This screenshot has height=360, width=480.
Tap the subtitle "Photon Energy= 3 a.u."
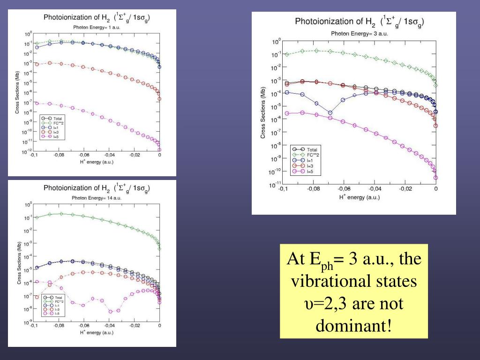[x=353, y=33]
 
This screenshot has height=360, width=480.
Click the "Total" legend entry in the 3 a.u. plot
[x=312, y=150]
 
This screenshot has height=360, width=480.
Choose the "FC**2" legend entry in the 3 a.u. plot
[x=313, y=155]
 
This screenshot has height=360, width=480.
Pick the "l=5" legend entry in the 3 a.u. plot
[x=310, y=171]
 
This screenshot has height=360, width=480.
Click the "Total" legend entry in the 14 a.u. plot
[x=59, y=297]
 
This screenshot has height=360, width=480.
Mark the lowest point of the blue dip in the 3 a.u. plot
[x=330, y=112]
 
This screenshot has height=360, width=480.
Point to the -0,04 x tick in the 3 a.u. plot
[x=374, y=189]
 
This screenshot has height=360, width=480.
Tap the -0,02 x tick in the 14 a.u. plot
[x=134, y=326]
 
